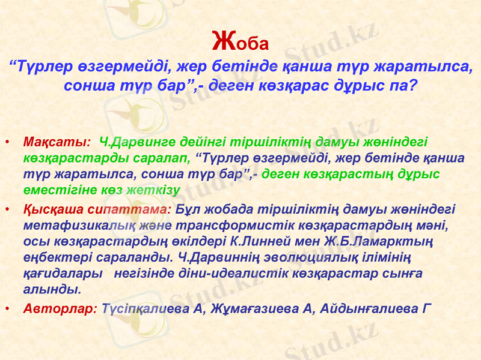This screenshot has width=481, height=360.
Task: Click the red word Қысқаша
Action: click(x=47, y=210)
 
